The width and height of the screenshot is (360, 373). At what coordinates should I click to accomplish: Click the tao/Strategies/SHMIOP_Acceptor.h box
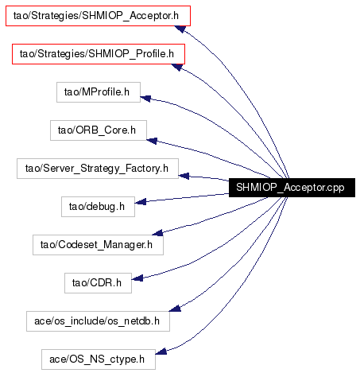98,16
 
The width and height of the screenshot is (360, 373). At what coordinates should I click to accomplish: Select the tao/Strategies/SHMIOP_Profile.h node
99,54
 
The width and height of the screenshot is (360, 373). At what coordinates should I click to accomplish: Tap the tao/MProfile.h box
99,92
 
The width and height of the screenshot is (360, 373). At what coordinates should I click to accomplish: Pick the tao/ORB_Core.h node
99,130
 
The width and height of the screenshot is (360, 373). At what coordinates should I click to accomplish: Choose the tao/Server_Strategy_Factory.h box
98,169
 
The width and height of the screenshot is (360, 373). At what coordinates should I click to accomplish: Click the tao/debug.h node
98,207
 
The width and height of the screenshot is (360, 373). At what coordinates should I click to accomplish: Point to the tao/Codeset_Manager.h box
98,245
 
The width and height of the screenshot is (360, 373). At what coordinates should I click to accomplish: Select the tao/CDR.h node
98,283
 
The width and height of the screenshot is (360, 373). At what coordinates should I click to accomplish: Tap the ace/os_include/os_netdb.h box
98,321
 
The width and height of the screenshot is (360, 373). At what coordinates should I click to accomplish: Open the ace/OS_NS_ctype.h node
99,359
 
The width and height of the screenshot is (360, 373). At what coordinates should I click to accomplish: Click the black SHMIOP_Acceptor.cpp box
292,188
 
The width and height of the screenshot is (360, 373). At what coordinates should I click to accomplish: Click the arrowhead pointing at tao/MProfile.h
145,99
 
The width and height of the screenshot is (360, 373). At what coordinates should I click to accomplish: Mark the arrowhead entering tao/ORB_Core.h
152,141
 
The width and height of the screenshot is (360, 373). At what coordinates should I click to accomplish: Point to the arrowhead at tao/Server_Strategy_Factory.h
184,176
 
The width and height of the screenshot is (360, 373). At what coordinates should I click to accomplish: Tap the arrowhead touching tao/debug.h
141,202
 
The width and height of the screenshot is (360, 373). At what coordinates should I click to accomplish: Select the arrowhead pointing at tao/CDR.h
137,278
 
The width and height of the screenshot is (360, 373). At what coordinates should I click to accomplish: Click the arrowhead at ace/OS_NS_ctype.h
161,351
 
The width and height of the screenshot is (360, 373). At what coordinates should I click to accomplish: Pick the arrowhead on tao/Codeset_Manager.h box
157,232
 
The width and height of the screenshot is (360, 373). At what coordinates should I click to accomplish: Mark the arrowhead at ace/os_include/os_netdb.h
175,308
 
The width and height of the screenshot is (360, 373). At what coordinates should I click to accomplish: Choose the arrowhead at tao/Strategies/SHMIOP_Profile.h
177,67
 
